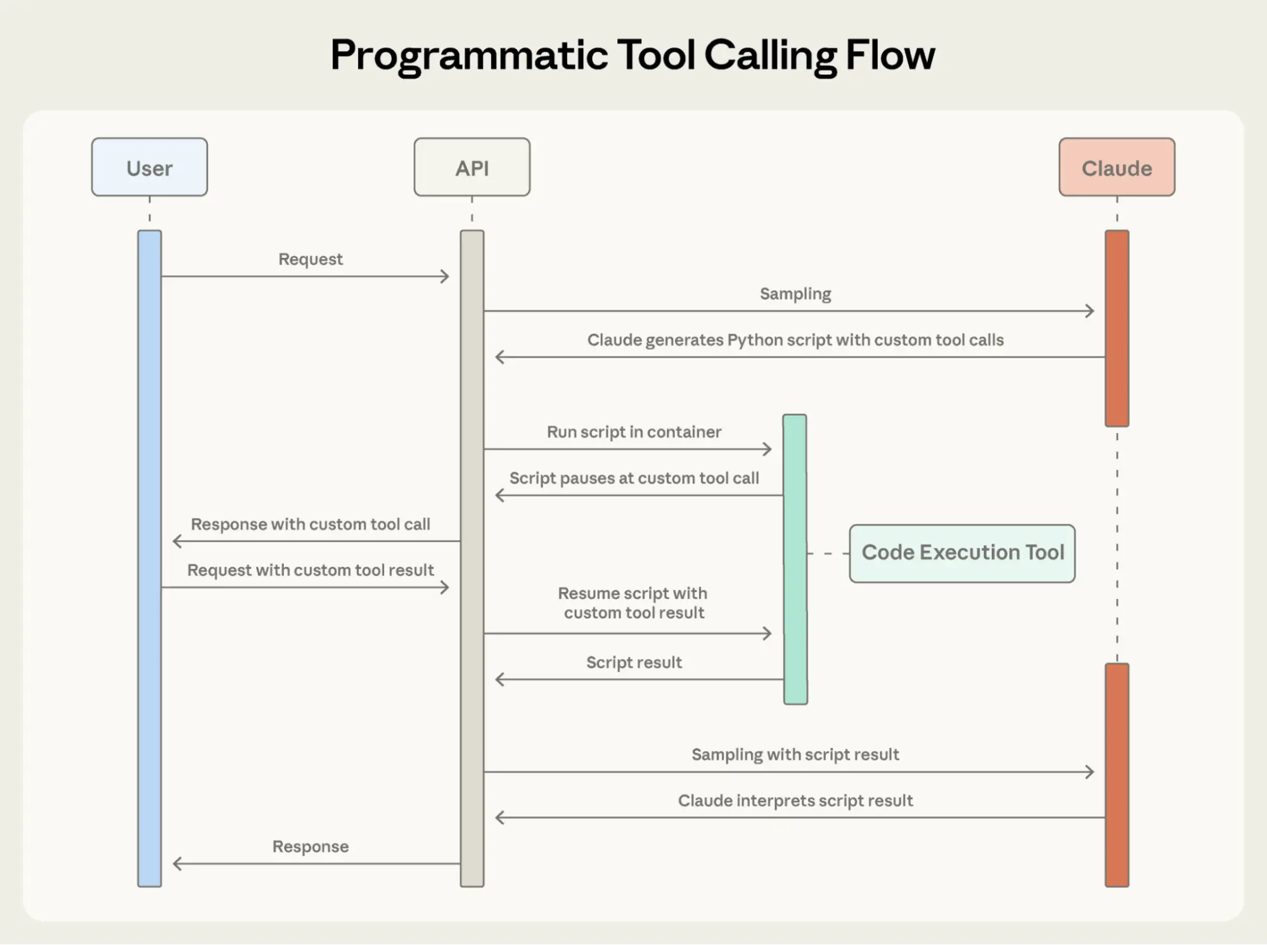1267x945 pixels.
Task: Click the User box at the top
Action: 150,167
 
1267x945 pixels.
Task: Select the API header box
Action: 472,167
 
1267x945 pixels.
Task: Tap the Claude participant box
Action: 1116,167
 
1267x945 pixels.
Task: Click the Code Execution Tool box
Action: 962,553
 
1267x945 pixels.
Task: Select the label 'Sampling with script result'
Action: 795,754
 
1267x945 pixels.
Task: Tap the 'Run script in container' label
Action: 634,432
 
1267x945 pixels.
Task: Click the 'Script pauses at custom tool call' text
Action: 634,478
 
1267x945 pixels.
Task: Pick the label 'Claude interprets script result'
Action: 795,800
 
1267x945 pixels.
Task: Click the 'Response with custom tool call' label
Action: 310,524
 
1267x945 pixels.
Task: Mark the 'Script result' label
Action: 634,662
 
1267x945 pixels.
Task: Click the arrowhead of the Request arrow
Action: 446,276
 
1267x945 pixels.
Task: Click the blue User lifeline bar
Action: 150,558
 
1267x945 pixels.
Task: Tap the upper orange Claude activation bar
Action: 1116,328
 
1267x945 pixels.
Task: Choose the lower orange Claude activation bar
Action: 1116,775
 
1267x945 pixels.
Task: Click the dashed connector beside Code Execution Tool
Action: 828,553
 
